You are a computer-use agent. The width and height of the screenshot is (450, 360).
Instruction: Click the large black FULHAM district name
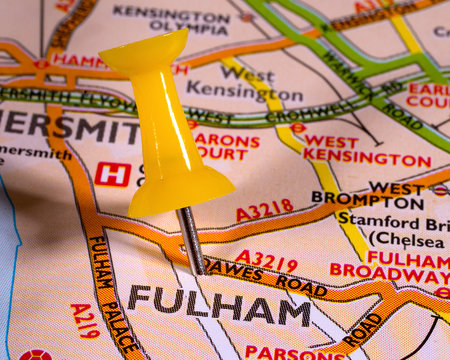click(x=219, y=305)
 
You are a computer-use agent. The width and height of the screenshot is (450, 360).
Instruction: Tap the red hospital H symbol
click(x=112, y=173)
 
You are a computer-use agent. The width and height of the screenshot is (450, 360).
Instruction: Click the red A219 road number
click(x=84, y=321)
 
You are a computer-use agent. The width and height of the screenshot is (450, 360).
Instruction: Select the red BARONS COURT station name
click(x=226, y=147)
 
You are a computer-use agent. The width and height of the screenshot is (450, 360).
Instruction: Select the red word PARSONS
click(x=285, y=352)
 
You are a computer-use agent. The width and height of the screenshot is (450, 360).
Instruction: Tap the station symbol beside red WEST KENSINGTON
click(x=297, y=128)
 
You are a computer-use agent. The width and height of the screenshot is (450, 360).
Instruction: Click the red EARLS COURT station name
click(x=428, y=94)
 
